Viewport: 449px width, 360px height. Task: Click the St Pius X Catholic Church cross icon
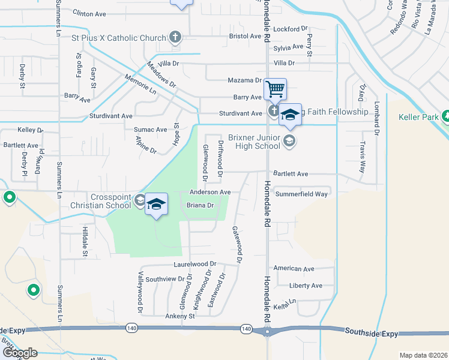tap(175, 38)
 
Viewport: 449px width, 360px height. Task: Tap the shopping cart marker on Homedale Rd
tap(275, 90)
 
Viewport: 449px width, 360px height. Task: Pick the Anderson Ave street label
tap(210, 192)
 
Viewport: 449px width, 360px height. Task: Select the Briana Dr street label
tap(200, 205)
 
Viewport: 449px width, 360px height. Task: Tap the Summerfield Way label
tap(301, 194)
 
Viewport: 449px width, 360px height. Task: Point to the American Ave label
tap(294, 269)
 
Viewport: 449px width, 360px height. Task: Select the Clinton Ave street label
tap(89, 12)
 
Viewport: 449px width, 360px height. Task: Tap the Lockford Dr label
tap(290, 28)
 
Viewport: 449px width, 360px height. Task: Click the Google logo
tap(19, 352)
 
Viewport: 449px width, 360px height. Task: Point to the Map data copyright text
tap(423, 355)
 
